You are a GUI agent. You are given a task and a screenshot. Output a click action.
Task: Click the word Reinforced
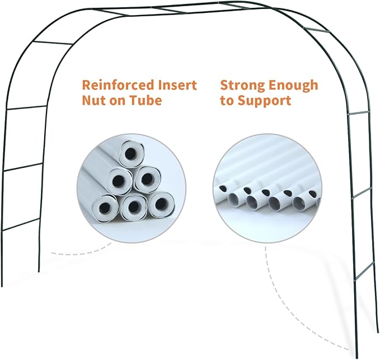point(118,85)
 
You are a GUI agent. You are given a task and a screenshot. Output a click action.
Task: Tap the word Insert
point(177,85)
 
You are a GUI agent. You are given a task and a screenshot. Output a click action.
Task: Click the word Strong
point(242,86)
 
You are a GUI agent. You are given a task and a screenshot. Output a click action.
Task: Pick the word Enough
point(293,86)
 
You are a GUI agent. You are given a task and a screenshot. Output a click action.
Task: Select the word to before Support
point(227,101)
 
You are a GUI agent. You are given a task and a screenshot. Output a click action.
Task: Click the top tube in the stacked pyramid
point(131,153)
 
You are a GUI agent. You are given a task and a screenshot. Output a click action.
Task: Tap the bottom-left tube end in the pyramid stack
point(105,208)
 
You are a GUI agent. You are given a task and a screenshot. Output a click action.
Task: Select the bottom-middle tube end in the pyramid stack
point(134,207)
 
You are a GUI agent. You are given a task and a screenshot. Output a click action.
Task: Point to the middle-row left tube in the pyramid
point(119,181)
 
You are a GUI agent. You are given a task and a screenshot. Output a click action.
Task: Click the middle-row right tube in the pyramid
point(147,179)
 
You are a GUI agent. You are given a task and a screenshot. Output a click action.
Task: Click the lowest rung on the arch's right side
point(364,272)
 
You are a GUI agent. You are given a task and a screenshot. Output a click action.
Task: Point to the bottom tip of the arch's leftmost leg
point(2,286)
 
